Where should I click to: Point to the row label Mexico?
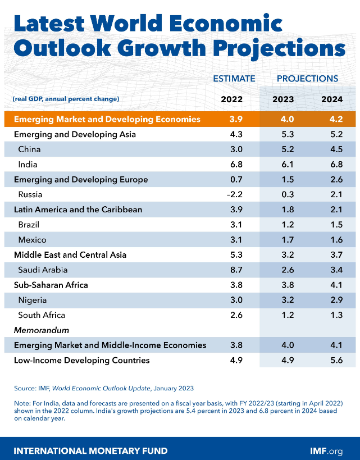click(x=33, y=240)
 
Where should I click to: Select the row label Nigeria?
click(x=33, y=300)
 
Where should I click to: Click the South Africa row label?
click(x=42, y=315)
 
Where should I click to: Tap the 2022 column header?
click(x=231, y=99)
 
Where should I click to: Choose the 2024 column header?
click(x=332, y=99)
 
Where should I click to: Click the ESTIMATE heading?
click(x=234, y=79)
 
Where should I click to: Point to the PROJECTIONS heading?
click(x=307, y=79)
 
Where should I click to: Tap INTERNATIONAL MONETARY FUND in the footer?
click(x=90, y=450)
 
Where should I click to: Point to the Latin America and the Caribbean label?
click(x=78, y=209)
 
